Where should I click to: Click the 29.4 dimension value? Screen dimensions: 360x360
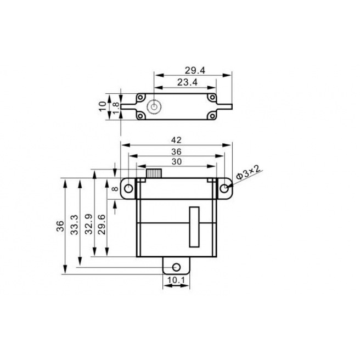pos(194,70)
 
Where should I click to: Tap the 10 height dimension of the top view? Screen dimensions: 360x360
pos(103,105)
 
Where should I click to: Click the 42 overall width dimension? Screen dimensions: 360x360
pos(176,139)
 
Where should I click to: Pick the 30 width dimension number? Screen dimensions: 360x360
pos(176,161)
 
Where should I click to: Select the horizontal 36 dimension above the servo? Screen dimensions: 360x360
pos(176,151)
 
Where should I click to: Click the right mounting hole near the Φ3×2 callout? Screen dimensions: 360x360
pos(225,188)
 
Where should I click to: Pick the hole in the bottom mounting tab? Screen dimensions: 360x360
pos(176,267)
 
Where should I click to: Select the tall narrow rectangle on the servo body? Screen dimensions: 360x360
pos(194,226)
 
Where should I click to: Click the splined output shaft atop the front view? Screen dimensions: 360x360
pos(154,174)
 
